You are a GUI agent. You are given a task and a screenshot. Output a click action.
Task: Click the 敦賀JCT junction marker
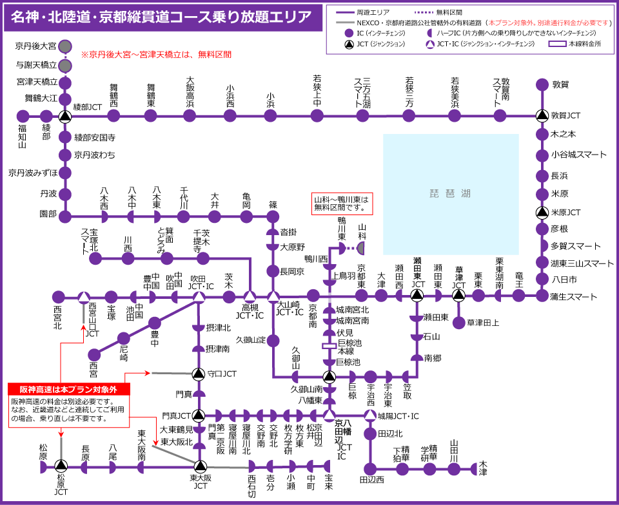coord(542,115)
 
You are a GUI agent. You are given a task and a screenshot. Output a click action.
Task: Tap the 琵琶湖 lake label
coord(451,193)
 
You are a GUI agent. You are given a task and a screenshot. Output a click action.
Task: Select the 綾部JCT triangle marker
coord(64,116)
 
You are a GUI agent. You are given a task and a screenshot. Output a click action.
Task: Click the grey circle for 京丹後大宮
coord(64,46)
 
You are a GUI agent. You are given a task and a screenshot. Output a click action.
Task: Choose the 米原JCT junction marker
coord(542,213)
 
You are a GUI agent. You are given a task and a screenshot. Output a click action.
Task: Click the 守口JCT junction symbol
coord(199,374)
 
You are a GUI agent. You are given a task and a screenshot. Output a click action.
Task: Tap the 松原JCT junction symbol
coord(61,466)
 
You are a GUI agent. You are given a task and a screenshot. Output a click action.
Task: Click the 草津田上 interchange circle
coord(459,322)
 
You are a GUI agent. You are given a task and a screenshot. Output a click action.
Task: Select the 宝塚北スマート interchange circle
coord(95,258)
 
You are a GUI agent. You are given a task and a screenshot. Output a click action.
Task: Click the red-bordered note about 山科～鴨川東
coord(342,204)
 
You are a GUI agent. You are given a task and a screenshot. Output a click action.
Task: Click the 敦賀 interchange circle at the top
coord(542,84)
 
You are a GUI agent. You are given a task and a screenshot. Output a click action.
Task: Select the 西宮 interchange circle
coord(95,354)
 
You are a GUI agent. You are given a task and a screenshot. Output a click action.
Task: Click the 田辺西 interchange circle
coord(370,468)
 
